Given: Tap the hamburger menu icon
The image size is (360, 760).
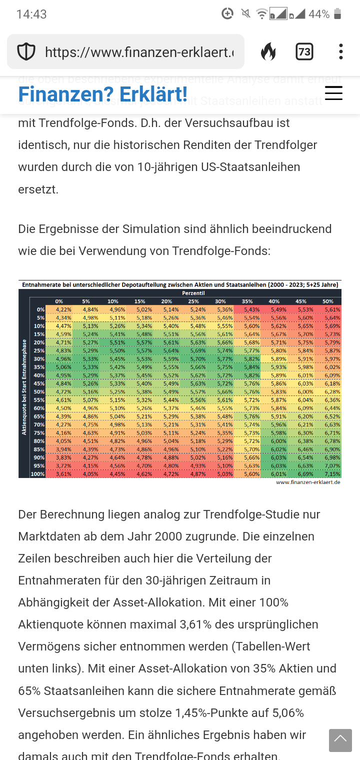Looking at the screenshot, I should pyautogui.click(x=333, y=93).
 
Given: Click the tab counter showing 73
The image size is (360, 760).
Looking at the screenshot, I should pyautogui.click(x=304, y=51).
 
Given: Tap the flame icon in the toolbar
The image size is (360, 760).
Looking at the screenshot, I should pyautogui.click(x=268, y=51).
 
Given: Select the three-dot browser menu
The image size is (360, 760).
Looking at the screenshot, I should pyautogui.click(x=340, y=51).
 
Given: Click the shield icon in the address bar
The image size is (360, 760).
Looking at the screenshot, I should pyautogui.click(x=26, y=51).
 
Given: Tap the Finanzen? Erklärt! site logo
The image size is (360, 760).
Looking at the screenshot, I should pyautogui.click(x=102, y=93).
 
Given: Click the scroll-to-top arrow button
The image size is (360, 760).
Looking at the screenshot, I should pyautogui.click(x=340, y=740).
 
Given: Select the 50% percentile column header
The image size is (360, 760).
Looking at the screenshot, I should pyautogui.click(x=328, y=301).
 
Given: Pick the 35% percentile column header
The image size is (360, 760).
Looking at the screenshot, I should pyautogui.click(x=247, y=301).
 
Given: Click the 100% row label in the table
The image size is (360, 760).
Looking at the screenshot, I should pyautogui.click(x=38, y=473).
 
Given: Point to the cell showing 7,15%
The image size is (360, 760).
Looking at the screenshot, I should pyautogui.click(x=332, y=473).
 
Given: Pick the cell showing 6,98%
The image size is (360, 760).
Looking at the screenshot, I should pyautogui.click(x=332, y=458).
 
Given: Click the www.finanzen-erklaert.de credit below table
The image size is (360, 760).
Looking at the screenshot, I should pyautogui.click(x=308, y=482).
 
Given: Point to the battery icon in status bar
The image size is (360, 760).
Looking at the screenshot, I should pyautogui.click(x=337, y=14).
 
